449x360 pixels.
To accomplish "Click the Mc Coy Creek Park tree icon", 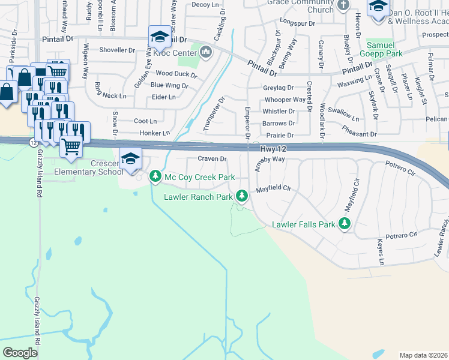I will (155, 176).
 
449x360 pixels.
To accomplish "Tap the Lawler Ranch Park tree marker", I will (242, 196).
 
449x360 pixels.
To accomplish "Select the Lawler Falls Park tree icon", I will (344, 224).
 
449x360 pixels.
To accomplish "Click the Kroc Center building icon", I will (206, 53).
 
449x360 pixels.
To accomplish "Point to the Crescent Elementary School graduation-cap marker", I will (130, 158).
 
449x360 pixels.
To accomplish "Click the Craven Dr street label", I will (212, 159).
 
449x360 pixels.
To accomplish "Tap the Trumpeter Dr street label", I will (214, 113).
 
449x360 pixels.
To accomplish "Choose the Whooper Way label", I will (285, 100).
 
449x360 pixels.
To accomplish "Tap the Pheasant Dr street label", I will (359, 134).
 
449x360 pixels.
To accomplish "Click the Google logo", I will (20, 352).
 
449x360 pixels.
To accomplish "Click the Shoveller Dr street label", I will (116, 50).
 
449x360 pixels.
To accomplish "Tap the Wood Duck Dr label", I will (176, 74).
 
